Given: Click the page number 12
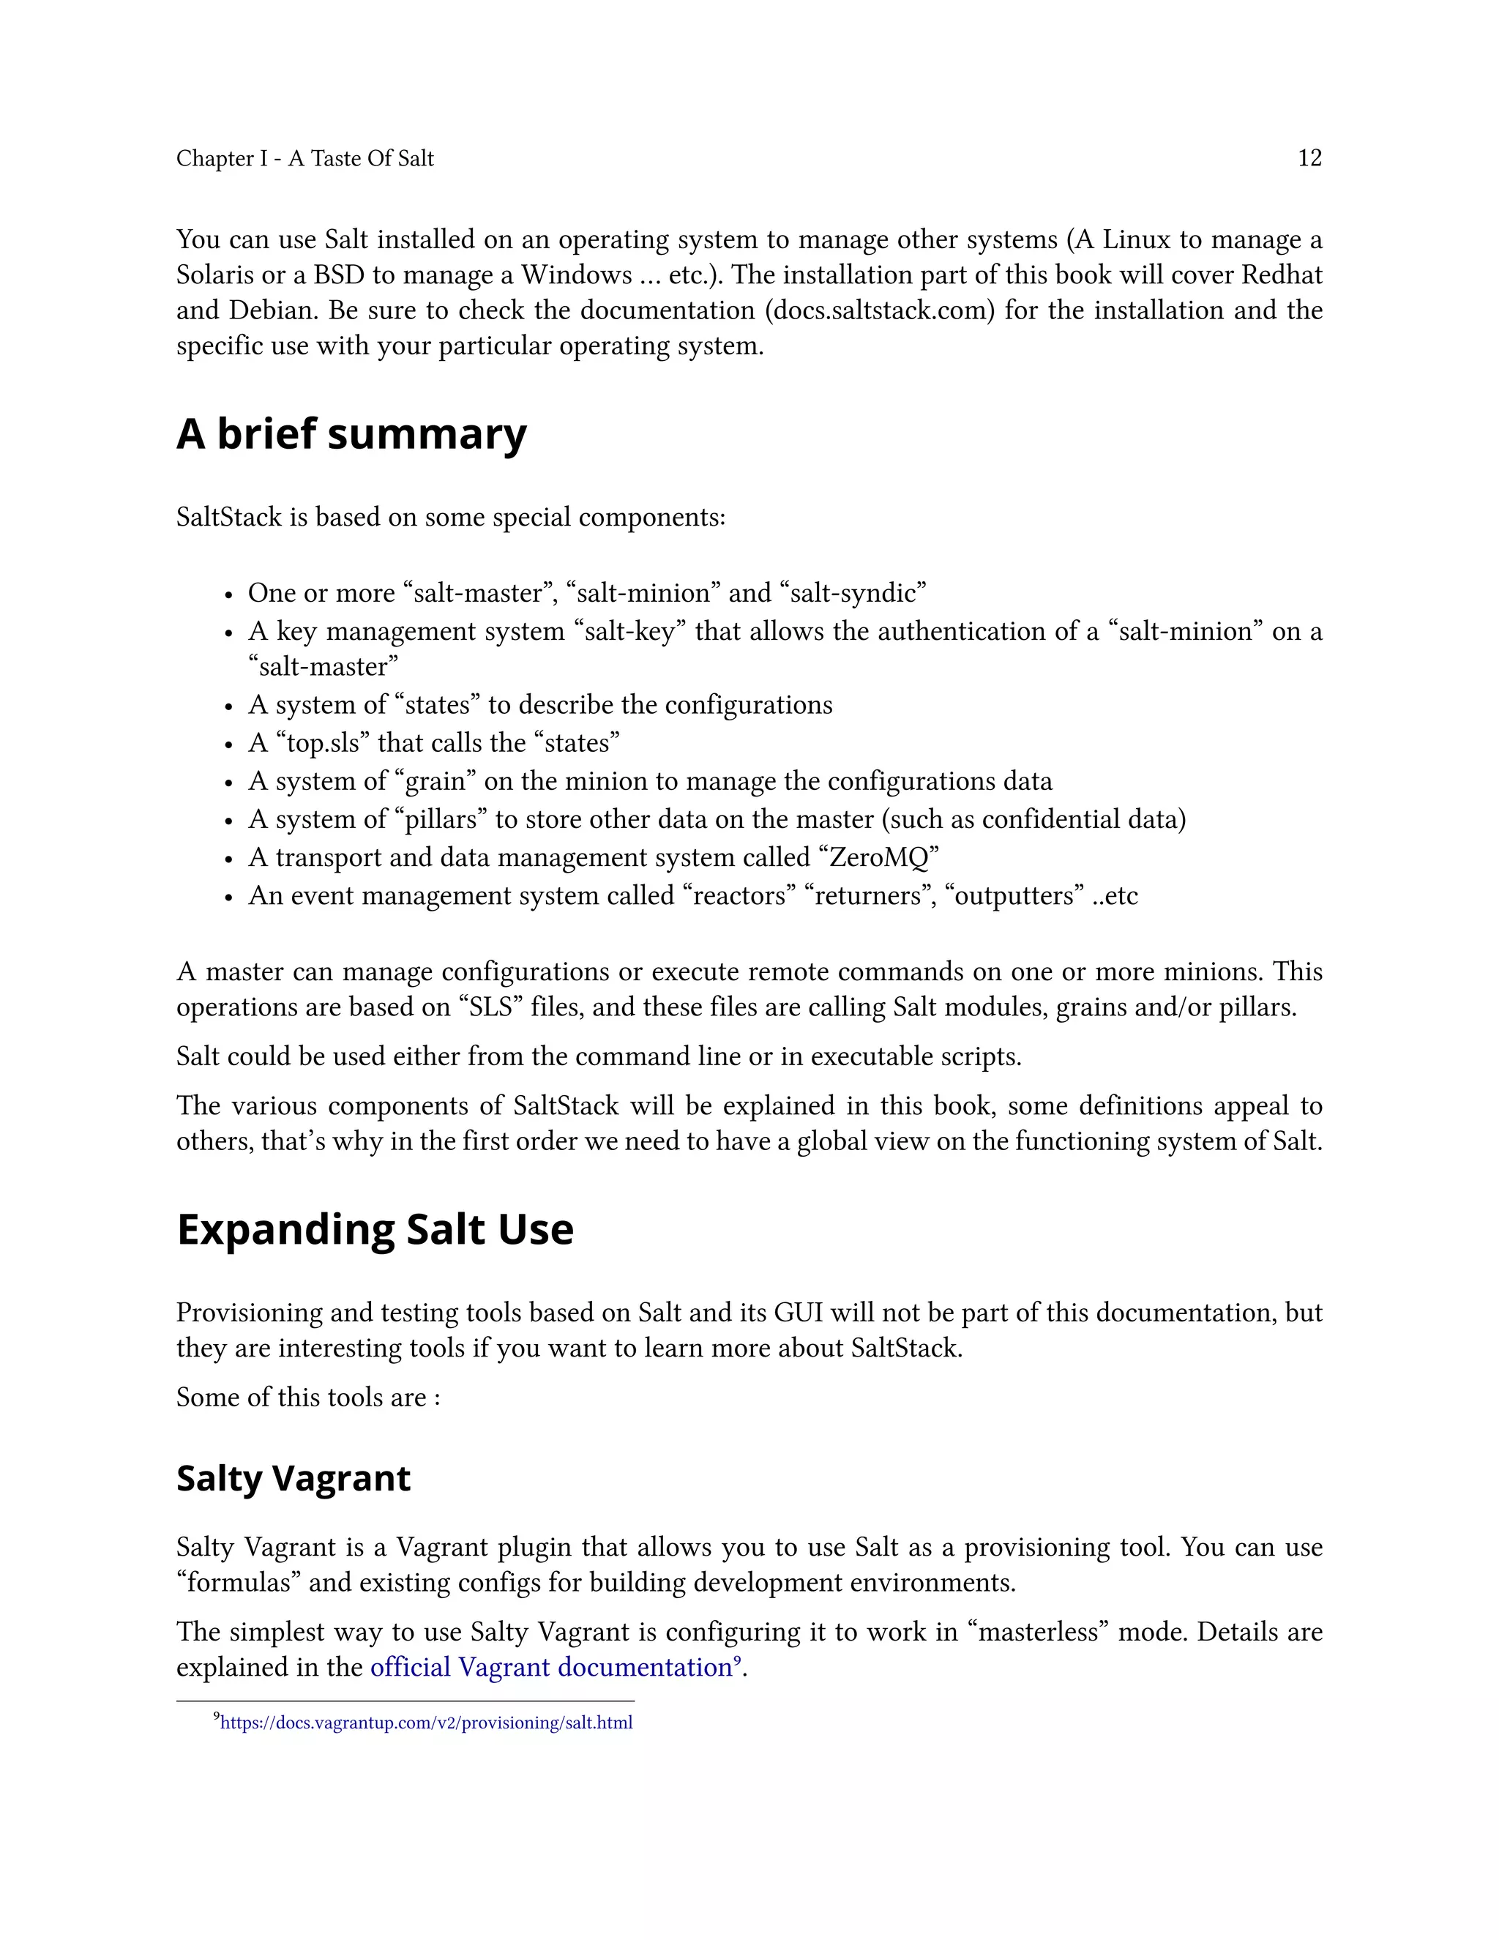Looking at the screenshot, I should point(1309,158).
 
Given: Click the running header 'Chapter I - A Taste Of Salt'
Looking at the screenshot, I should point(304,158).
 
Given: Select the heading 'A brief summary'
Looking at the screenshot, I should point(351,434).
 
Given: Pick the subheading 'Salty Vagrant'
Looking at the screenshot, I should point(293,1478).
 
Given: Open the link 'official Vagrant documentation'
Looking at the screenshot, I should point(550,1667).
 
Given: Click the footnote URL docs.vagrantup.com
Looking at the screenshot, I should point(426,1723).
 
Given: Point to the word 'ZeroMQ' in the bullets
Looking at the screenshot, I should point(878,857).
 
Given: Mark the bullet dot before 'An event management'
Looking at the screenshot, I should point(228,898).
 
